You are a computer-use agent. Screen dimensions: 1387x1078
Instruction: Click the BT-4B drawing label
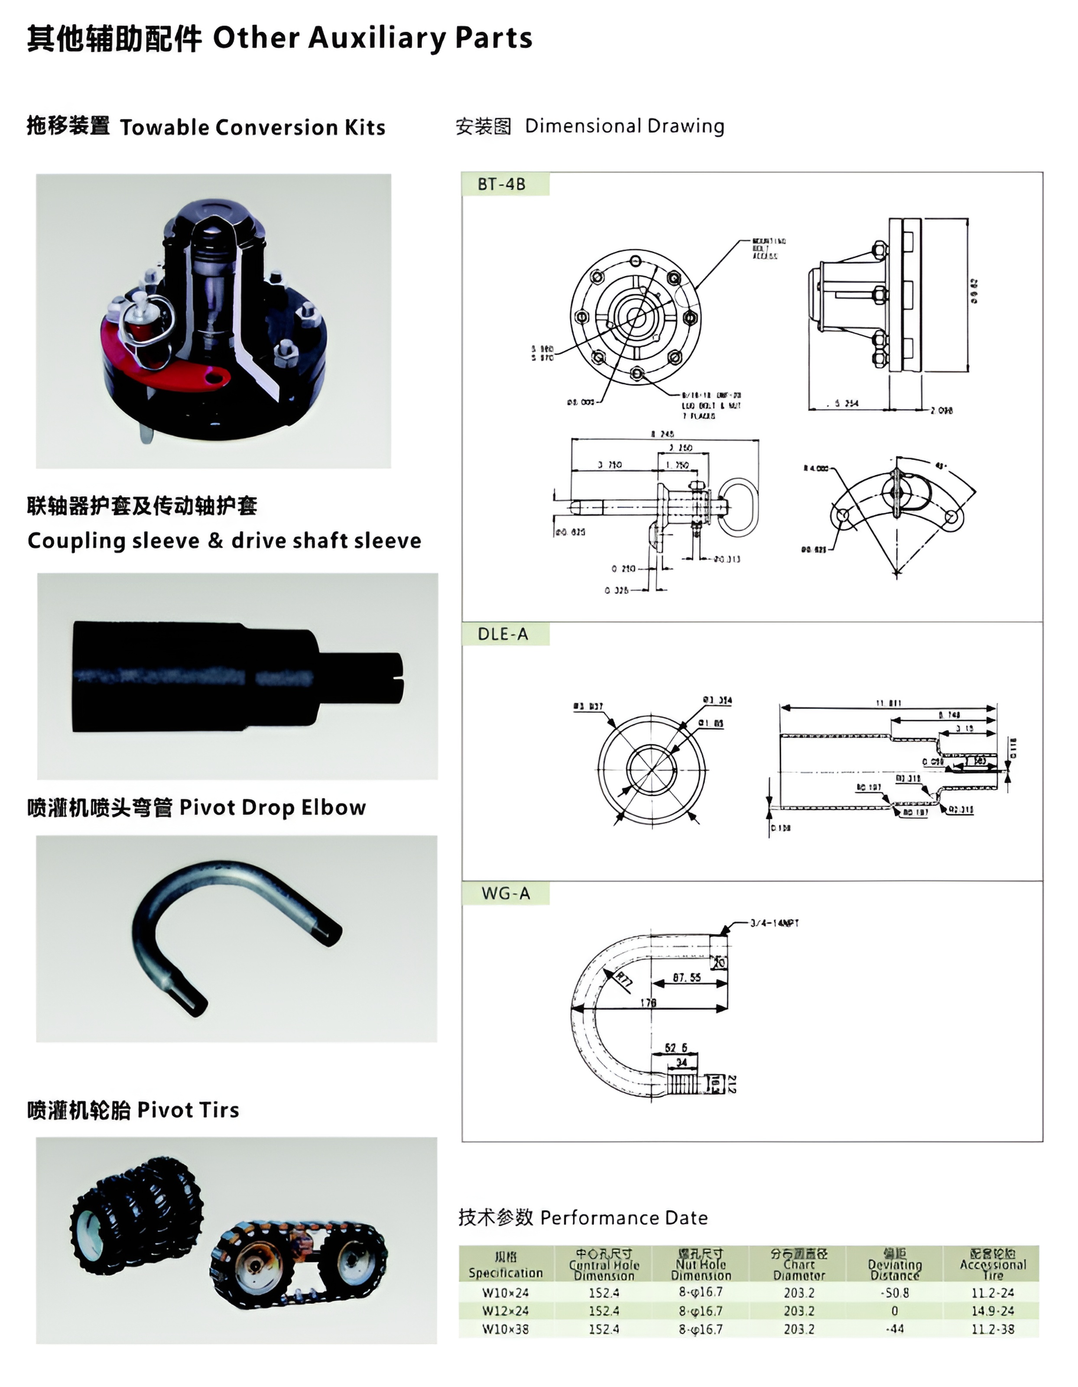coord(501,184)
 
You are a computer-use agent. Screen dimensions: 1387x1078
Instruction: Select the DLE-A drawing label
coord(503,634)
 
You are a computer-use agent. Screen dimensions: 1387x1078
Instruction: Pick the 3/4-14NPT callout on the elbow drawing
coord(774,923)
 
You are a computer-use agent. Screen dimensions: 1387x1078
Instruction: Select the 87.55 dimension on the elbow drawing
coord(687,977)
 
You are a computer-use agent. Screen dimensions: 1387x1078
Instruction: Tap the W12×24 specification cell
coord(505,1311)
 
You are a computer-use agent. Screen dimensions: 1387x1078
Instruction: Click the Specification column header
coord(506,1265)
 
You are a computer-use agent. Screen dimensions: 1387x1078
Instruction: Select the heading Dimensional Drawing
coord(624,126)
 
